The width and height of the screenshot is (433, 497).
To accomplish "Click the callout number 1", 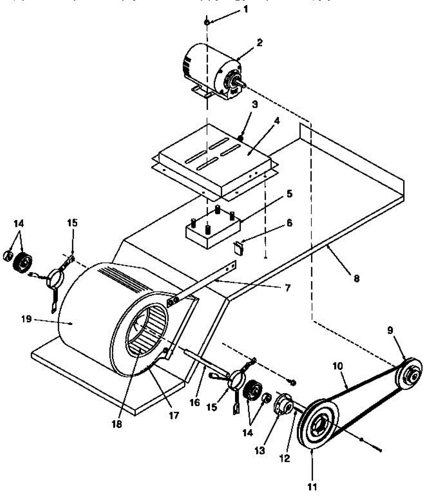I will tap(245, 9).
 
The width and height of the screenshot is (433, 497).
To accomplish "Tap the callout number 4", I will tap(277, 121).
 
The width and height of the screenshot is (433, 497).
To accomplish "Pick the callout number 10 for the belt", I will tap(338, 366).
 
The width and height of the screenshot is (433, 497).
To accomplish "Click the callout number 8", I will tap(356, 278).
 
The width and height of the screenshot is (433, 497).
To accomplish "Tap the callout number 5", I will tap(289, 193).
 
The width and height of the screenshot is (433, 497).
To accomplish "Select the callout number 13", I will tap(259, 451).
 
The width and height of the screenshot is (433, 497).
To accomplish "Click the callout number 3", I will tap(255, 105).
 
